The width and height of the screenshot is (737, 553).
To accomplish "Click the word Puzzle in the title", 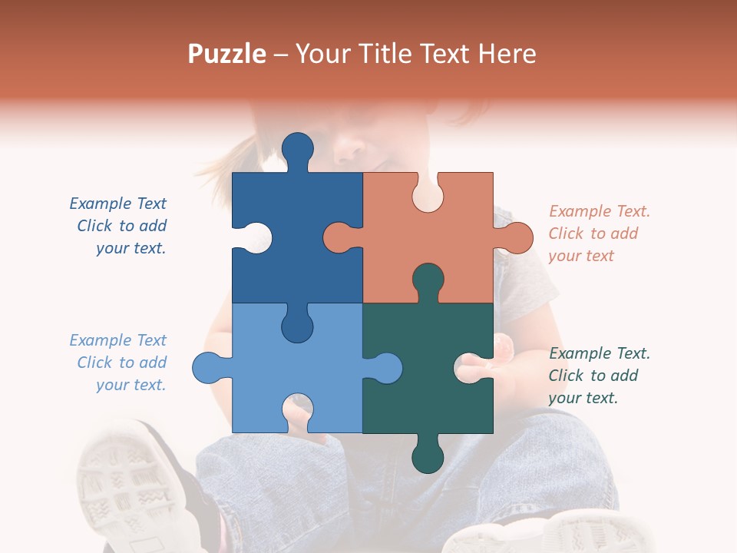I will tap(226, 54).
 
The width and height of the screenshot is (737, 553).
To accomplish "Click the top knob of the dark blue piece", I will tap(298, 147).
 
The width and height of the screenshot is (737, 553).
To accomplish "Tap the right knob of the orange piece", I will tap(516, 237).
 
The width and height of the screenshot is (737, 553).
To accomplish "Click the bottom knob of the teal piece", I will tap(428, 458).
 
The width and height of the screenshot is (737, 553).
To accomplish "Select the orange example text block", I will tap(599, 233).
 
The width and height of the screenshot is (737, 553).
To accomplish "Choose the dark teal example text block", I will tap(599, 376).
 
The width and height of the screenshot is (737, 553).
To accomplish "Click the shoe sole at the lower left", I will tap(123, 476).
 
